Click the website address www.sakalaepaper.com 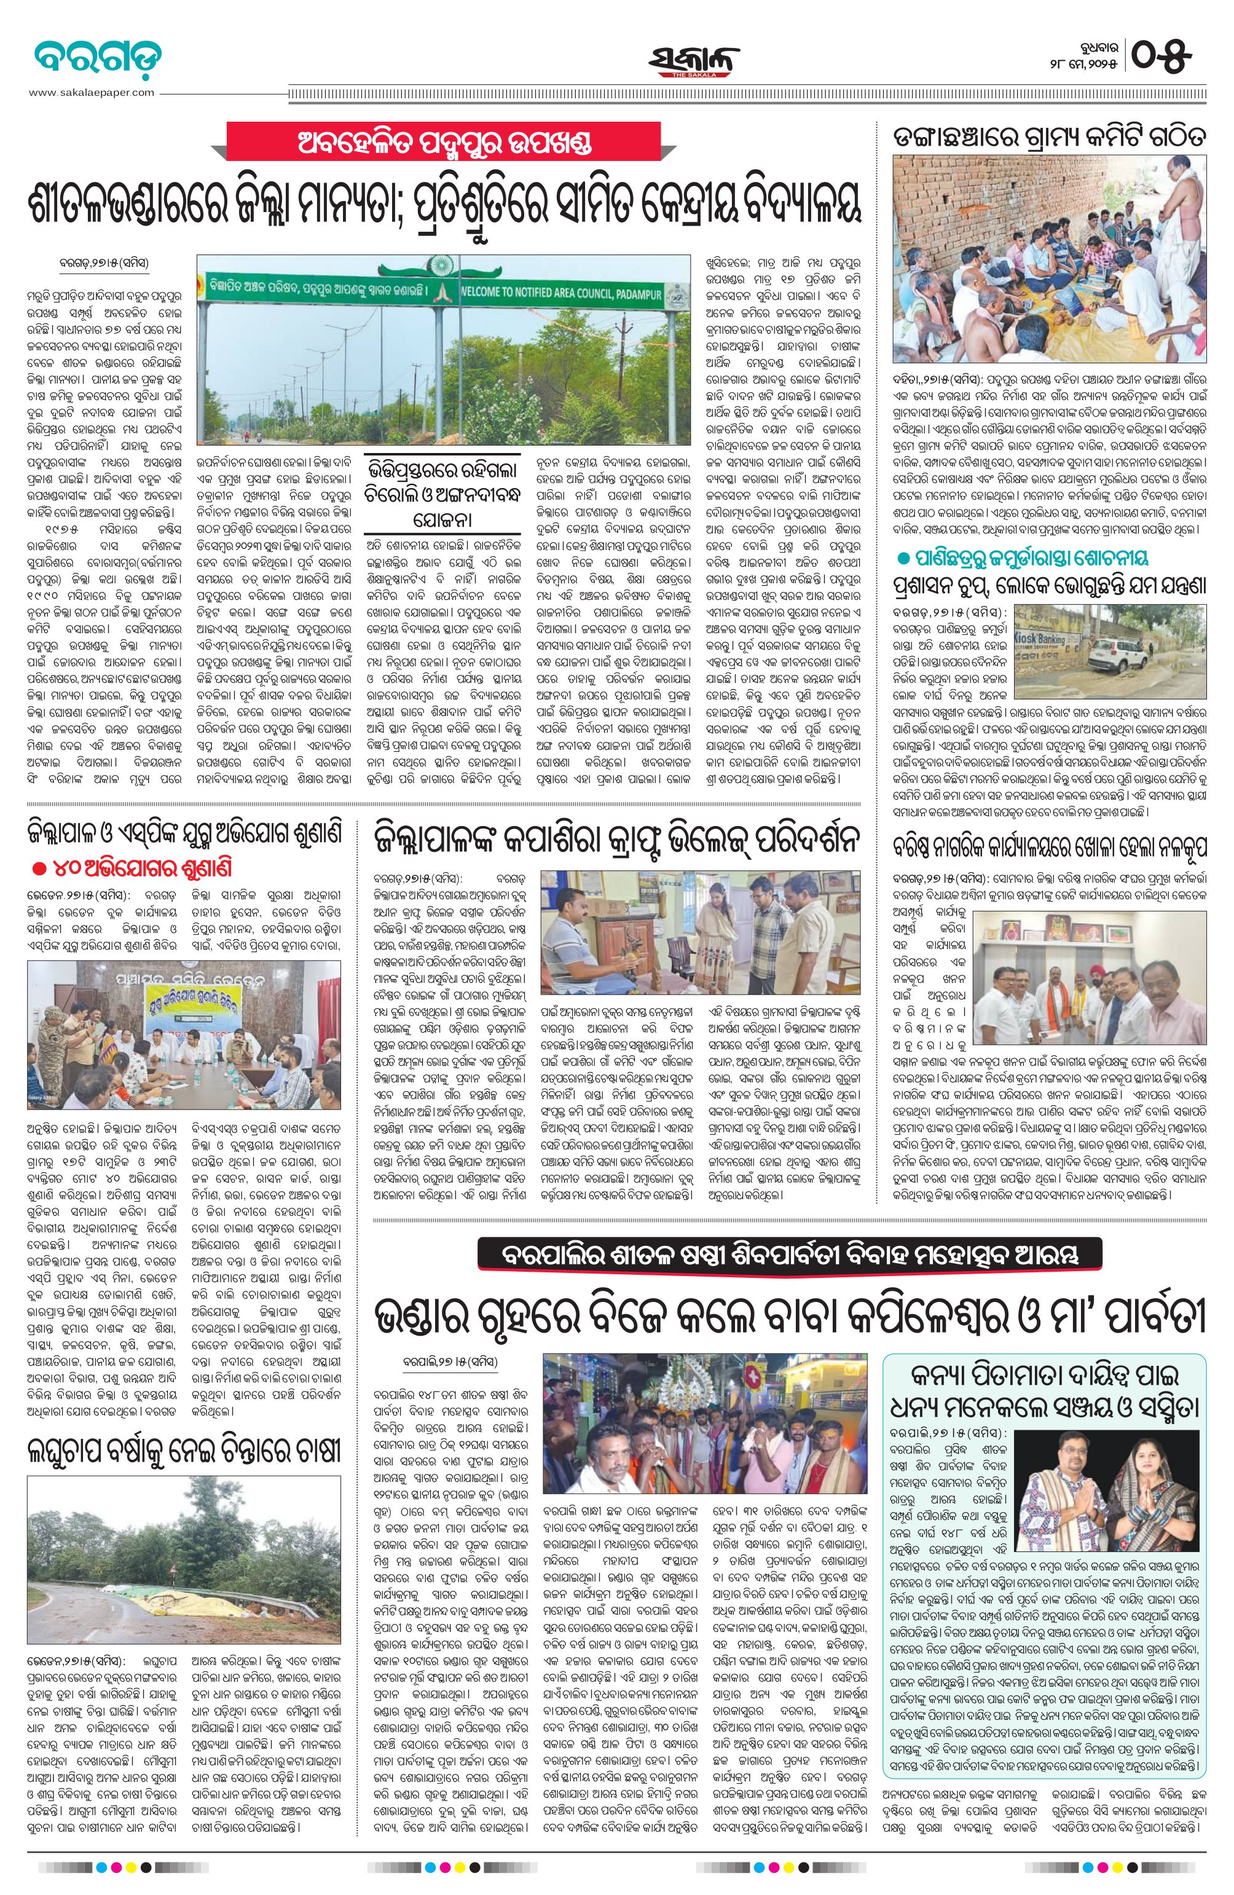92,92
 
